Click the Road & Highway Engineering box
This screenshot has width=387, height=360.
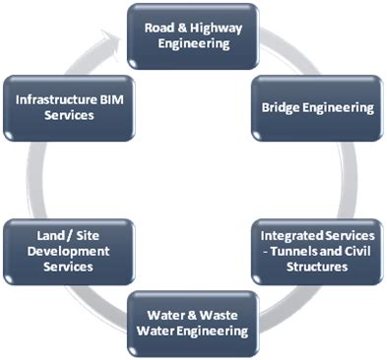coord(194,35)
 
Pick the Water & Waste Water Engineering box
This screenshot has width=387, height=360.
coord(192,324)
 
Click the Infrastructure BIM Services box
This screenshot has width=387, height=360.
coord(68,107)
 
